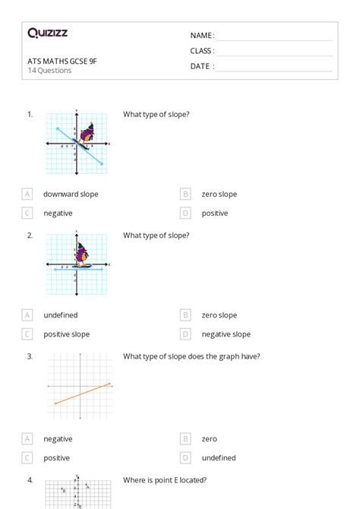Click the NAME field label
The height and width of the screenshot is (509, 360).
pos(202,36)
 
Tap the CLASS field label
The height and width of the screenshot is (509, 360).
pos(202,51)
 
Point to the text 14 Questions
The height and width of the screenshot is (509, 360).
pos(49,71)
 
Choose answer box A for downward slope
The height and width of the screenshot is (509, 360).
pos(28,194)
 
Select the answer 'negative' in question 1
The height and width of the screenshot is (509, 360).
pos(58,213)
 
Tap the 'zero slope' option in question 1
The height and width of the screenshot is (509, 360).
pos(219,194)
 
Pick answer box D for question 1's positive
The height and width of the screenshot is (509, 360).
pos(185,213)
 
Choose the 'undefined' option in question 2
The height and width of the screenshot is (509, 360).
pos(60,315)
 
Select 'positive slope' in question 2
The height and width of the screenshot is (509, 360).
pos(66,334)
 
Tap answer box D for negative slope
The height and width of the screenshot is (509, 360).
pos(185,334)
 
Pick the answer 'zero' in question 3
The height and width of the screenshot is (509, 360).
pos(209,439)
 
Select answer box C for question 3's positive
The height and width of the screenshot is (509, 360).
pos(28,458)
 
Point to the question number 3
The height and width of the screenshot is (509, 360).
pos(30,356)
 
